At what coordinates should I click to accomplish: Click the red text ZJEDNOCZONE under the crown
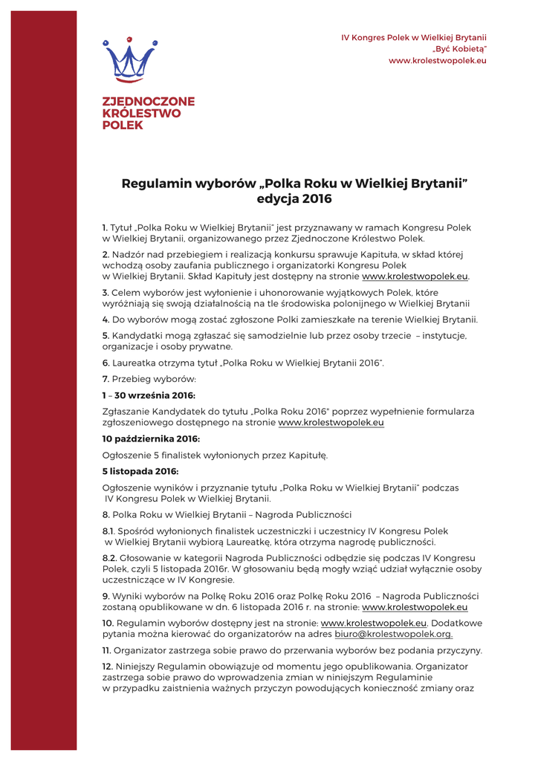148,101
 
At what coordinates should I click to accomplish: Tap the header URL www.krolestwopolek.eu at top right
438,59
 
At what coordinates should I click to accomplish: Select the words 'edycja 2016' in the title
294,199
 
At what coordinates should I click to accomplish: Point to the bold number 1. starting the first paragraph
105,227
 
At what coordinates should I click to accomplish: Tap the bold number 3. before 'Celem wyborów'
106,293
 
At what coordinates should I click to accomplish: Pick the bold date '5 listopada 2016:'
140,471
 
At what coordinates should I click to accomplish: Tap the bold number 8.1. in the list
108,531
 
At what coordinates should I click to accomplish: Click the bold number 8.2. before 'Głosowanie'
109,558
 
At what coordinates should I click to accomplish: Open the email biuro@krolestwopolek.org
393,634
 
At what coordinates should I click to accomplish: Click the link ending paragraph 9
415,606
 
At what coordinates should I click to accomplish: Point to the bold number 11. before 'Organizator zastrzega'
106,650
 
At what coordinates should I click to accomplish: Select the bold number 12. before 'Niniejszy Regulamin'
107,667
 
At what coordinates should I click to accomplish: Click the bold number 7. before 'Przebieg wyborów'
106,380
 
